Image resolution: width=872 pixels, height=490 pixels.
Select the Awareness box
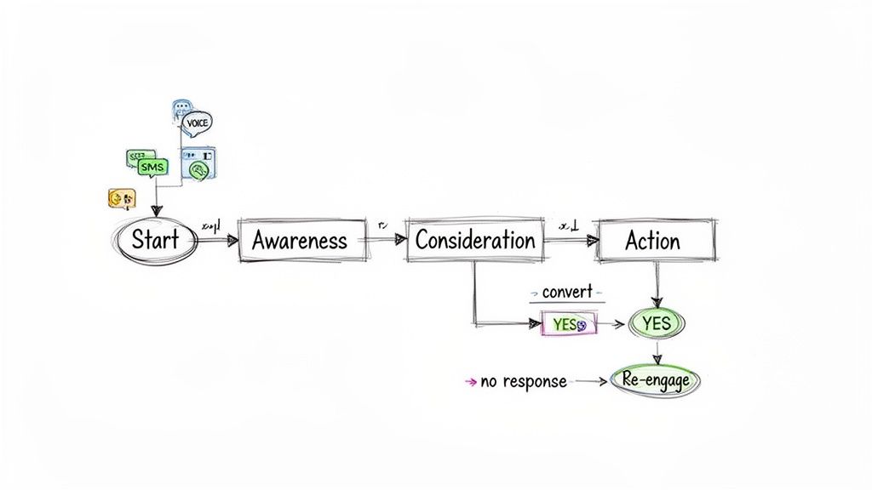(300, 240)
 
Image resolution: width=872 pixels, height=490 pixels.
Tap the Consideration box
(475, 240)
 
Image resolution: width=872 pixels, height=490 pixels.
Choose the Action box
(654, 241)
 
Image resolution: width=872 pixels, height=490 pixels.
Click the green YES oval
(656, 323)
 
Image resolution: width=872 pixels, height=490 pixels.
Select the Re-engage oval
(656, 381)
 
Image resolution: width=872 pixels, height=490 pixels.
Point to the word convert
(566, 292)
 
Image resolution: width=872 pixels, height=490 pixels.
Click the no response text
(523, 382)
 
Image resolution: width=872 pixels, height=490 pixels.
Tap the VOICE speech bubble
(196, 122)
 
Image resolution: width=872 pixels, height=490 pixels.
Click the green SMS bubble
(152, 168)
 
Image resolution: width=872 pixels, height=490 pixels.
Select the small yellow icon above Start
(122, 199)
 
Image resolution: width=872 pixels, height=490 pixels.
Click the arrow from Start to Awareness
(218, 241)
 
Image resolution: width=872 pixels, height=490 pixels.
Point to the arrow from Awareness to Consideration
(385, 241)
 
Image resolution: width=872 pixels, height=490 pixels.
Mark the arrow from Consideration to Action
(569, 241)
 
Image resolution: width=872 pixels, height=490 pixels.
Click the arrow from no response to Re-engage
(591, 382)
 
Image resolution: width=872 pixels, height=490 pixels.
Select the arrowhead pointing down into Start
(156, 211)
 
